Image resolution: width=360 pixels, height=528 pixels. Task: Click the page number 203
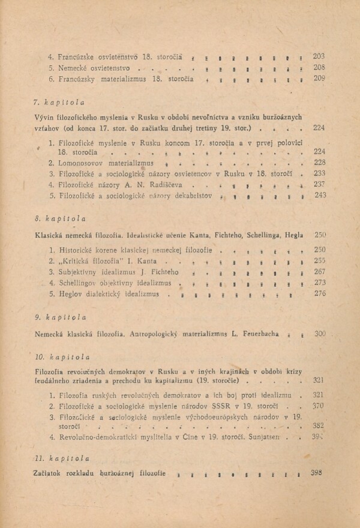(319, 56)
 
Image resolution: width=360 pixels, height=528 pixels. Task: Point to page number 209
(319, 78)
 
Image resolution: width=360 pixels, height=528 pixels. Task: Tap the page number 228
(319, 163)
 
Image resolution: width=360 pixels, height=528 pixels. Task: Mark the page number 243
(319, 195)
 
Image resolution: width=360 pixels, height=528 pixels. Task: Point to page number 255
(319, 261)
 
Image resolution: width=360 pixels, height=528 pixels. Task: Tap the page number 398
(318, 473)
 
